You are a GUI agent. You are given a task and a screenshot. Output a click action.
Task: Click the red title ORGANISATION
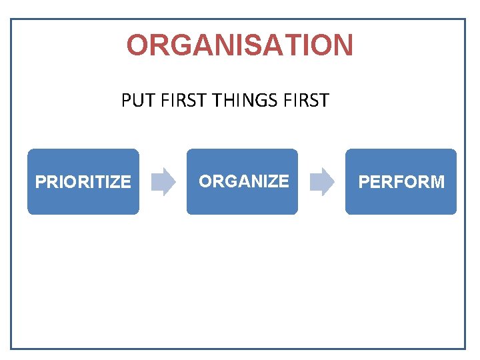tap(240, 45)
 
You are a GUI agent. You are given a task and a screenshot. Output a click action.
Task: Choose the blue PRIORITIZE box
tap(83, 181)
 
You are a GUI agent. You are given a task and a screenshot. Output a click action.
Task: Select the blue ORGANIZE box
tap(242, 181)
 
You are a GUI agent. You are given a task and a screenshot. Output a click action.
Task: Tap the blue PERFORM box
tap(401, 181)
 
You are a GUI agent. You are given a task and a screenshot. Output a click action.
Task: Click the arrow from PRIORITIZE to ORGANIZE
tap(163, 181)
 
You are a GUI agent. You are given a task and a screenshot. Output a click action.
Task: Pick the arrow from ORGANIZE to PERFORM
tap(323, 181)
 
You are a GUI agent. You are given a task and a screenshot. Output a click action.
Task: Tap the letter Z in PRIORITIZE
tap(116, 182)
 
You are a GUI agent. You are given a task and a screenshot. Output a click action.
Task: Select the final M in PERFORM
tap(437, 182)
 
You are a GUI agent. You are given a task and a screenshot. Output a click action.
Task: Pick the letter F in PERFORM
tap(399, 182)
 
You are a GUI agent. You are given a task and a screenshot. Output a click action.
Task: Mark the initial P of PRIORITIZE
tap(40, 182)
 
